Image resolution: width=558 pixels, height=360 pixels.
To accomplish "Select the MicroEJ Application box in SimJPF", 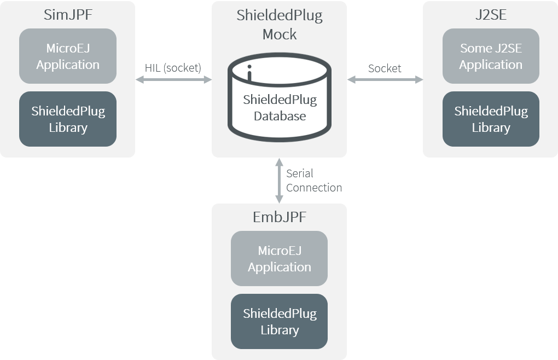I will (x=68, y=56).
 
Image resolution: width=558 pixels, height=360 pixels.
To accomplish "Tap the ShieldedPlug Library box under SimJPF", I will (x=68, y=119).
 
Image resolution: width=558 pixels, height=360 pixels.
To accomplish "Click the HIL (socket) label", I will (x=173, y=68).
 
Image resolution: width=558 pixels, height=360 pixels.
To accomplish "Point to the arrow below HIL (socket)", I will (x=173, y=80).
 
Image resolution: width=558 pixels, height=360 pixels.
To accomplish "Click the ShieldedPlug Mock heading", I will (x=280, y=25).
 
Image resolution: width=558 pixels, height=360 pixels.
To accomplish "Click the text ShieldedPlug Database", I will (x=280, y=108).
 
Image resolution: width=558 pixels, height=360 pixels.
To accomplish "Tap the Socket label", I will (x=385, y=68).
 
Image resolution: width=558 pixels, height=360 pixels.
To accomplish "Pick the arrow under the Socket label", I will (x=385, y=80).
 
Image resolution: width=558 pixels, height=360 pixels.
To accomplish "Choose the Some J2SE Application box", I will (x=491, y=56).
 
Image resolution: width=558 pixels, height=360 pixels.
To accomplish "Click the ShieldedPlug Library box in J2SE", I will (x=491, y=119).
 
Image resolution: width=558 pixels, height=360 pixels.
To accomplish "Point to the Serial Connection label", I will (x=313, y=181).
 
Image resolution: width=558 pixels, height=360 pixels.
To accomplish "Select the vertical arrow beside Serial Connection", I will (x=279, y=181).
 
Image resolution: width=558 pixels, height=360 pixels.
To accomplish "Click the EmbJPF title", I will (x=280, y=217).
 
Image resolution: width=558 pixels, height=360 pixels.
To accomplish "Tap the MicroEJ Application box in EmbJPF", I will (x=279, y=259).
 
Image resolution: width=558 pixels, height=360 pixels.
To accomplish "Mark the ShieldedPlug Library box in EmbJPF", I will (x=279, y=322).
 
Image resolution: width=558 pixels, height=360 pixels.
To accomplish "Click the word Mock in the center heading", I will (x=280, y=34).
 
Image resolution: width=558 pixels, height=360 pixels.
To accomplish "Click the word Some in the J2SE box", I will (x=475, y=48).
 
